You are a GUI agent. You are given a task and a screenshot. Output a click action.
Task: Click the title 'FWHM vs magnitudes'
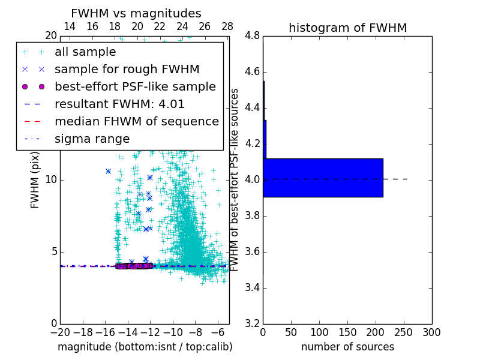click(136, 13)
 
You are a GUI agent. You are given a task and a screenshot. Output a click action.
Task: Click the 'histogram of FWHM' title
click(347, 28)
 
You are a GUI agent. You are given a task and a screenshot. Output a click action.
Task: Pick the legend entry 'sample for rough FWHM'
click(127, 69)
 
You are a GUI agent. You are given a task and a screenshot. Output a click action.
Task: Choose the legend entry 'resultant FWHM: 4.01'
click(119, 104)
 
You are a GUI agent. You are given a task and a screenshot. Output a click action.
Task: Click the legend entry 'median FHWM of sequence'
click(136, 121)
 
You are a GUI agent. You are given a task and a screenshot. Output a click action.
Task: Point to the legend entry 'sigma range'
click(92, 139)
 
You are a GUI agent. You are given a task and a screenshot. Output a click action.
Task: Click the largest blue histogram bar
click(323, 178)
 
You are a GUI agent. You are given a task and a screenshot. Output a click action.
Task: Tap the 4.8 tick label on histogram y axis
click(252, 36)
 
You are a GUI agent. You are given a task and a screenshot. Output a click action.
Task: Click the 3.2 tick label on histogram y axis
click(252, 323)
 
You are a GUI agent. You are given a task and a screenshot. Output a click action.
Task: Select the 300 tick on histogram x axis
click(431, 332)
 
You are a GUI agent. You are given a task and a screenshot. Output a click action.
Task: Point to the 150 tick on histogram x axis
click(347, 332)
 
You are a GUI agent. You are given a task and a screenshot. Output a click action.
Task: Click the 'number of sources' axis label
click(347, 347)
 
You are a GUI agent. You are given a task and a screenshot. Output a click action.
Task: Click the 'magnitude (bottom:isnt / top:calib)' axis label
click(145, 347)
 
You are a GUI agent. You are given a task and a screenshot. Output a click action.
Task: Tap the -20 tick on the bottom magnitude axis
click(60, 332)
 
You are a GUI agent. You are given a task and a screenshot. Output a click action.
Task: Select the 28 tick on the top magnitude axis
click(227, 26)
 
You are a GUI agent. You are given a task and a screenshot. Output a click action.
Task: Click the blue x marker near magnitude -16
click(108, 171)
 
